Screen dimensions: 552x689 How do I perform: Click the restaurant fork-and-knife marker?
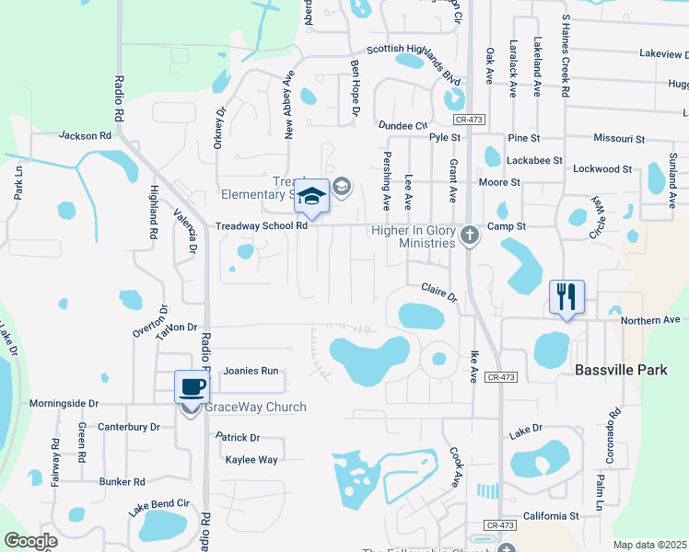pyautogui.click(x=566, y=297)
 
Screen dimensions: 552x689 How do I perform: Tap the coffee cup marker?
pyautogui.click(x=192, y=387)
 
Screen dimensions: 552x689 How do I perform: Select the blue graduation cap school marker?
pyautogui.click(x=312, y=197)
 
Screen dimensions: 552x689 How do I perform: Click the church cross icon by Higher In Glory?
pyautogui.click(x=470, y=235)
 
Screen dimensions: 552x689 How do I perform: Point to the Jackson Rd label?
pyautogui.click(x=85, y=135)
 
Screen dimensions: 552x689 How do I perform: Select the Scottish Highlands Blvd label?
pyautogui.click(x=414, y=64)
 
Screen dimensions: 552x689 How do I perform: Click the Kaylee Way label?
pyautogui.click(x=251, y=459)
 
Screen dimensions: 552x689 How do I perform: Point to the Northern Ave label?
pyautogui.click(x=649, y=320)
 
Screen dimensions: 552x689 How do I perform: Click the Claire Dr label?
pyautogui.click(x=439, y=292)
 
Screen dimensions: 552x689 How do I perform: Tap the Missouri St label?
pyautogui.click(x=619, y=139)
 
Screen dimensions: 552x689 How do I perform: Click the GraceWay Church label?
pyautogui.click(x=255, y=408)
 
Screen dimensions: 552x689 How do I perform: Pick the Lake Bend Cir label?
pyautogui.click(x=158, y=504)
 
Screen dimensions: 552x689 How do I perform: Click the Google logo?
pyautogui.click(x=30, y=541)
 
